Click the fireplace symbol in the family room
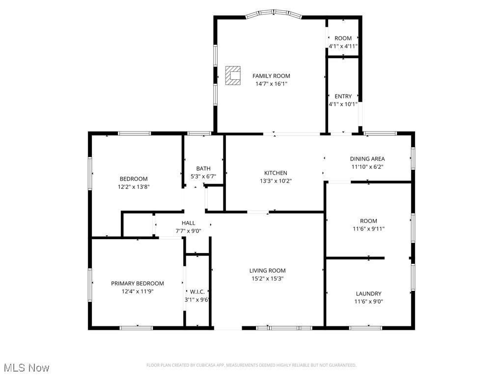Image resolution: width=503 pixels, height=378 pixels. coord(233,76)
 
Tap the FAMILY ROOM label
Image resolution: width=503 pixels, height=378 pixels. coord(271,76)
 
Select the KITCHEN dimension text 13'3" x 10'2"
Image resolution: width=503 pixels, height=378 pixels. coord(276,181)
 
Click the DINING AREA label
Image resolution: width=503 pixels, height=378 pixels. coord(367,158)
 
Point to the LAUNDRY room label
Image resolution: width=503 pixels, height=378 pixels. coord(368,294)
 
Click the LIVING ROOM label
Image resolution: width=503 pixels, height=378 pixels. coord(267,271)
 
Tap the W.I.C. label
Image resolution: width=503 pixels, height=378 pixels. coord(197,291)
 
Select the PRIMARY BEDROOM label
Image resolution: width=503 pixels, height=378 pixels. coord(137,283)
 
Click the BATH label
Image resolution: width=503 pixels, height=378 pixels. coord(203,168)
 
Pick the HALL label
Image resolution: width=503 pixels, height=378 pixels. coord(188,223)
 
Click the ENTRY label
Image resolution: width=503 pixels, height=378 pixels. coord(343,96)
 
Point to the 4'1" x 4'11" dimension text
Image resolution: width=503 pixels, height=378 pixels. coord(343,46)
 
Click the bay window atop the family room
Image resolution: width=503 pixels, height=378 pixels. coord(274,13)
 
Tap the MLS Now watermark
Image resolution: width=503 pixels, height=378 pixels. coord(27,368)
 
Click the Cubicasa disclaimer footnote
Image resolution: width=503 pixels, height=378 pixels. coord(251,365)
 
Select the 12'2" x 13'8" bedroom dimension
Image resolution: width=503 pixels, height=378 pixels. coord(133,187)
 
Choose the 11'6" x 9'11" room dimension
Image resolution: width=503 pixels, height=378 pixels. coord(368,229)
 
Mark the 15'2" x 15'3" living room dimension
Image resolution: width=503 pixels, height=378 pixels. coord(267,279)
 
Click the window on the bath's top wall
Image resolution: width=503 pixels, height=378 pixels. coord(199,133)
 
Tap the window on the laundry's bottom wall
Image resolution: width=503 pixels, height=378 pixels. coord(365,327)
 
